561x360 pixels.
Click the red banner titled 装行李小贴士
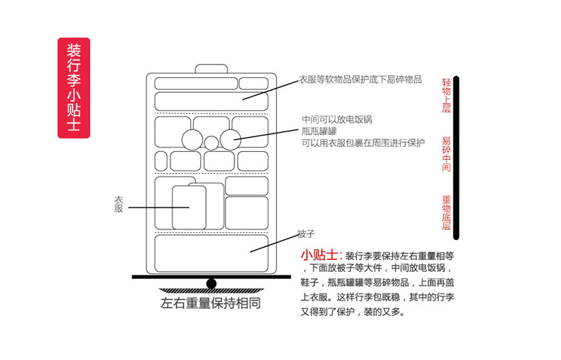click(x=73, y=87)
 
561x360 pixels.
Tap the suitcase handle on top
click(x=211, y=69)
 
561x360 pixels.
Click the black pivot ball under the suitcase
click(x=211, y=284)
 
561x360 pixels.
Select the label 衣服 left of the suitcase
click(x=119, y=204)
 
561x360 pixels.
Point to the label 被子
click(x=306, y=234)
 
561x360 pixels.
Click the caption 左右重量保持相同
click(x=211, y=303)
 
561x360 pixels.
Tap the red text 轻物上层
click(x=446, y=95)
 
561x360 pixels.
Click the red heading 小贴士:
click(x=321, y=255)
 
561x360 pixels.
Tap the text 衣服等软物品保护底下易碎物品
click(x=360, y=80)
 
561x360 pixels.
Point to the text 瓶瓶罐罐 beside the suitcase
click(x=319, y=131)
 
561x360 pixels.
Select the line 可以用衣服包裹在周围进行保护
click(x=363, y=142)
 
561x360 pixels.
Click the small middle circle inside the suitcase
click(x=212, y=143)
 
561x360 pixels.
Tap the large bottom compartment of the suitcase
click(x=211, y=253)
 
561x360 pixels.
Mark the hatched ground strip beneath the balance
click(x=211, y=290)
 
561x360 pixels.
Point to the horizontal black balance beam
click(x=211, y=277)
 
